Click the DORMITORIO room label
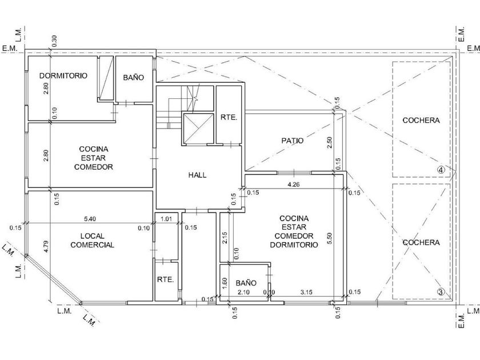63,75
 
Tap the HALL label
197,175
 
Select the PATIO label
293,141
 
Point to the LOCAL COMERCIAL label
92,241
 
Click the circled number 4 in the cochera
441,170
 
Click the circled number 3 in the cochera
441,292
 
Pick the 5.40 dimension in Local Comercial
90,219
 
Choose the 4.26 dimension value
293,184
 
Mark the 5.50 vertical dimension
329,238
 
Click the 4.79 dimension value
46,246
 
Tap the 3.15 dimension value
306,292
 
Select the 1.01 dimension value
166,219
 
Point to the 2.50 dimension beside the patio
329,143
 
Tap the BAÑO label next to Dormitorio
134,78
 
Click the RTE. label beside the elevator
229,117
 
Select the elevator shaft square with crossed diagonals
198,128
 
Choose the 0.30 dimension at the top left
54,41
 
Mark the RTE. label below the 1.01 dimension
165,279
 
